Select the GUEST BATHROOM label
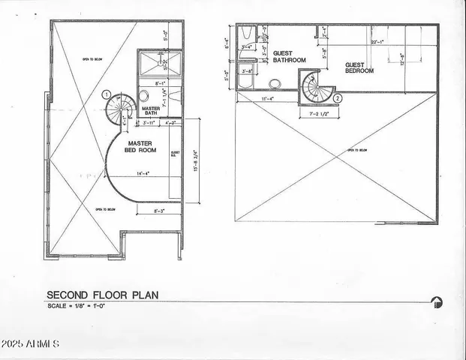[x=289, y=57]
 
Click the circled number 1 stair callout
[x=107, y=95]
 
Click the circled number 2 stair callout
[x=338, y=97]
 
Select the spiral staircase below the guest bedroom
[x=317, y=87]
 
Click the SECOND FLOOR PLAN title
[x=100, y=295]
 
